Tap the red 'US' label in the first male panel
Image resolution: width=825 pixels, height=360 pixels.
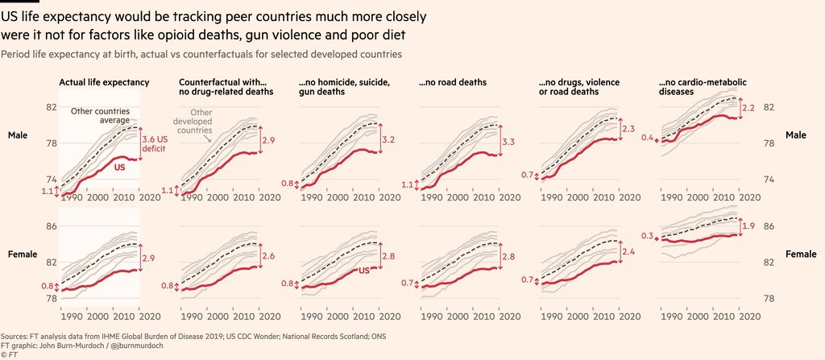click(x=120, y=168)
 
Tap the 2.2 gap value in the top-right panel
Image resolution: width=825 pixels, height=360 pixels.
click(x=748, y=107)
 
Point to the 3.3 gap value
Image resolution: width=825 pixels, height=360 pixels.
click(x=509, y=143)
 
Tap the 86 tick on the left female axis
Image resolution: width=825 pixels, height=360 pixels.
click(x=51, y=226)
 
